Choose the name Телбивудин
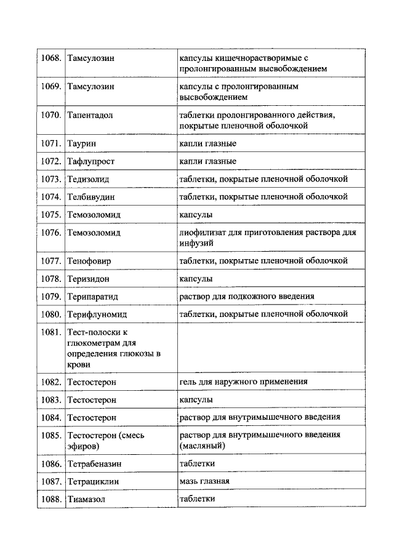(91, 197)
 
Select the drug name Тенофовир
(89, 261)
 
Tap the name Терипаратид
(92, 297)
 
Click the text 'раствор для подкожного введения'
(246, 296)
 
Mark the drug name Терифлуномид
(97, 315)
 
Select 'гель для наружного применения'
(243, 382)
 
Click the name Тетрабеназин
(95, 463)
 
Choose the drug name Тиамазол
(87, 499)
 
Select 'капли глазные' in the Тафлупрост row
(207, 161)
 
